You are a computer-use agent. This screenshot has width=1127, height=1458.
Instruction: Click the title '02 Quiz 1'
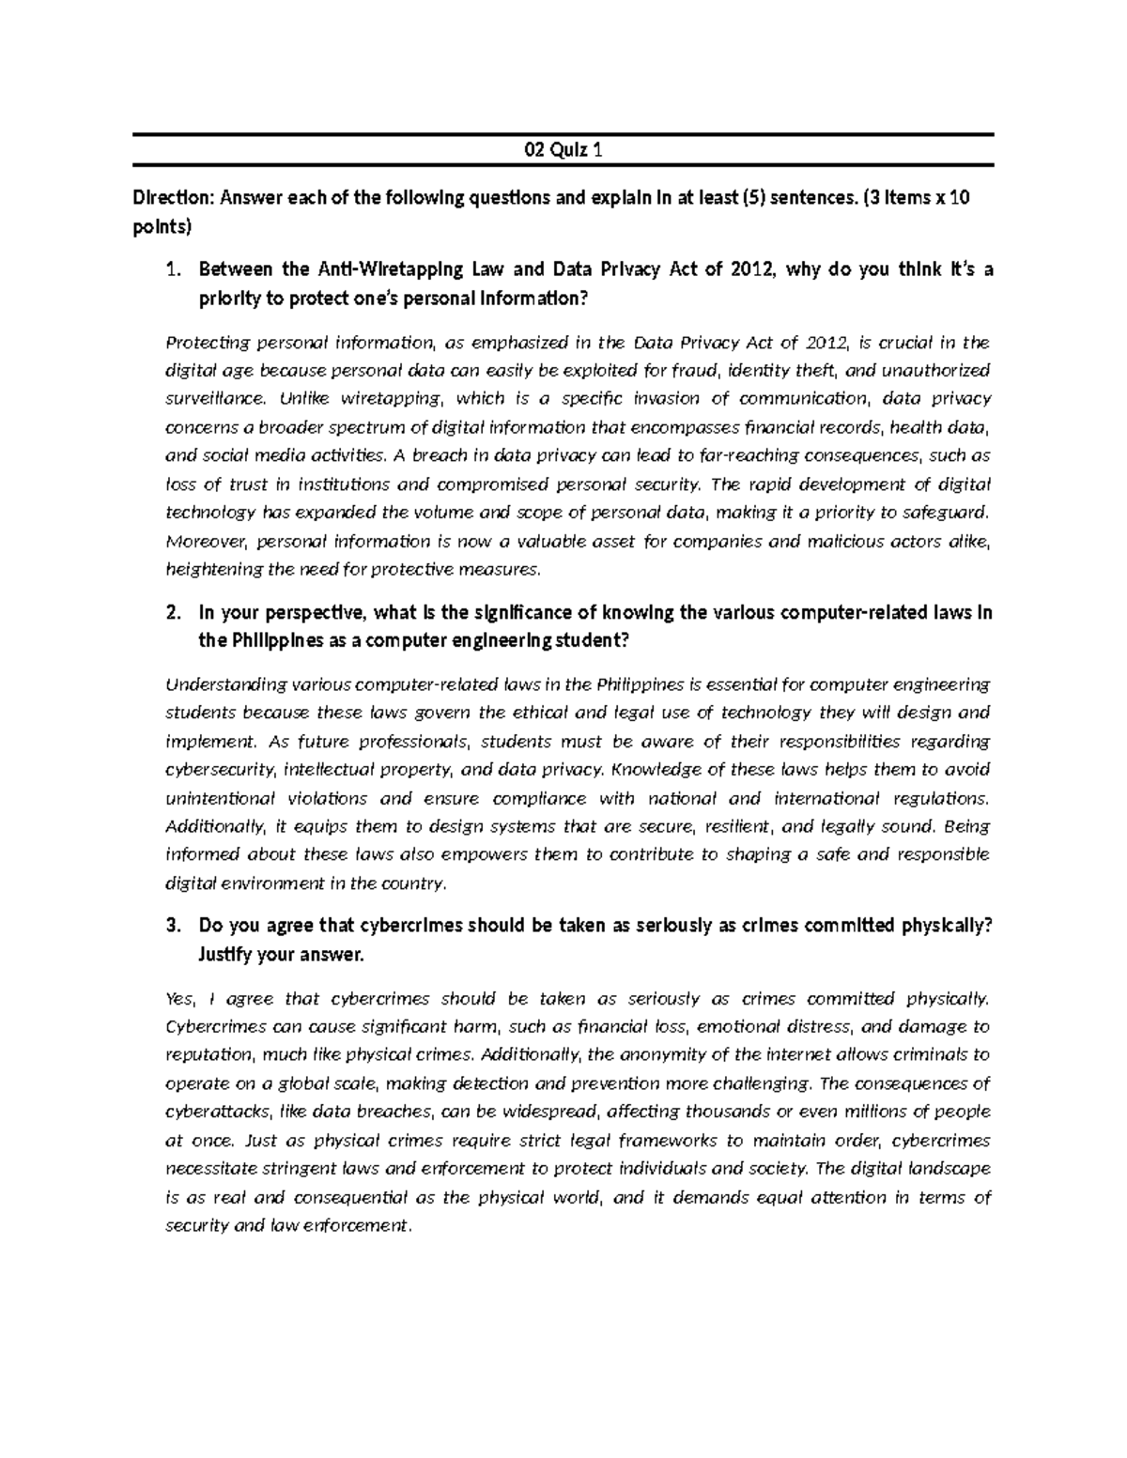click(x=563, y=149)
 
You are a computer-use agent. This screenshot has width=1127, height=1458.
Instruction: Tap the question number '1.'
click(x=171, y=270)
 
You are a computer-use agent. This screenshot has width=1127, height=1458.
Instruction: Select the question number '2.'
click(x=171, y=613)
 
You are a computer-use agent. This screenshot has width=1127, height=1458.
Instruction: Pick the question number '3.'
click(x=171, y=926)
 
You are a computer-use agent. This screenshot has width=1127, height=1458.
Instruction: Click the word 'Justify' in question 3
click(x=224, y=954)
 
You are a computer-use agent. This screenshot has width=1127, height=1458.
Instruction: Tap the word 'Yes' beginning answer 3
click(x=179, y=997)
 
